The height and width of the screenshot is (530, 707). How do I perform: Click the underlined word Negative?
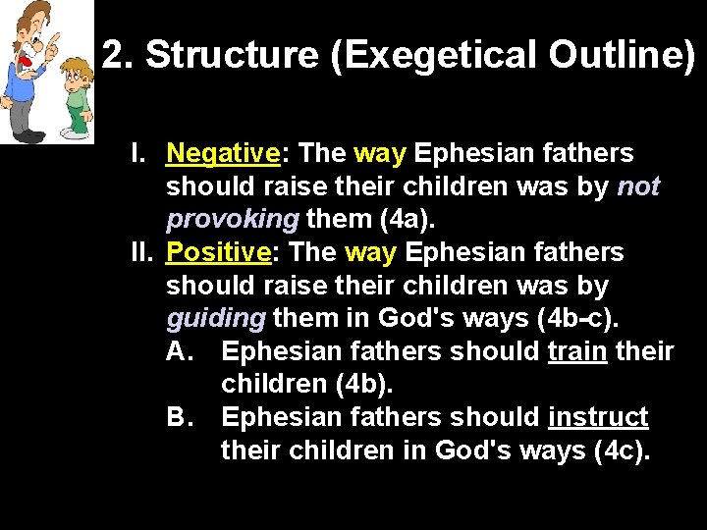[x=223, y=154]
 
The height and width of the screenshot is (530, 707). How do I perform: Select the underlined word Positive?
[x=218, y=253]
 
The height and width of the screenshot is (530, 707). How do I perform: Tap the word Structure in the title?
[x=233, y=57]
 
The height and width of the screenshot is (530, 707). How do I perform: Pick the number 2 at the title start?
[x=116, y=57]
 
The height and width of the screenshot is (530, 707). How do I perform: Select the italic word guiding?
[x=215, y=319]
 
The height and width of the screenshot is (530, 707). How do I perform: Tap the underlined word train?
[x=576, y=352]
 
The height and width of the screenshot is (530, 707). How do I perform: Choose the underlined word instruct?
[x=598, y=418]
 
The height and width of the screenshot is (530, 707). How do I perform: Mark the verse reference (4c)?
[x=623, y=451]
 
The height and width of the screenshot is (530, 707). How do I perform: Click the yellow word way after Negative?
[x=378, y=154]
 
